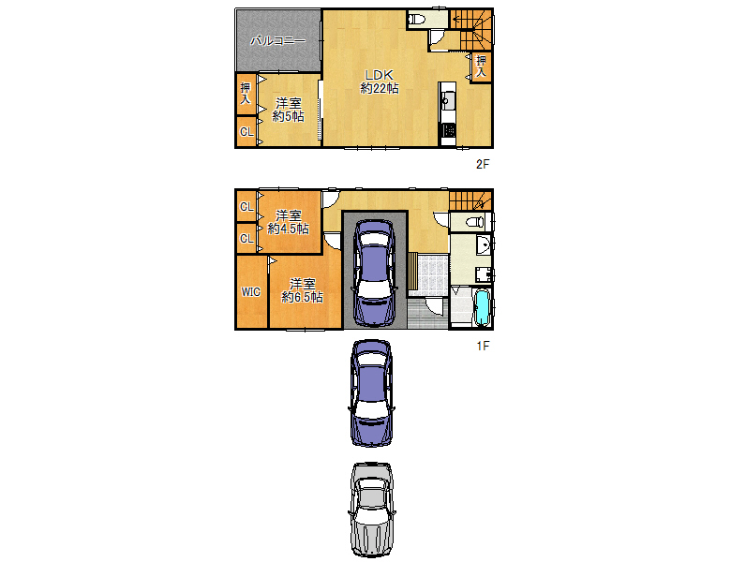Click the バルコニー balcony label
coord(278,41)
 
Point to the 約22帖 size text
coord(380,89)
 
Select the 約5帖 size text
coord(288,117)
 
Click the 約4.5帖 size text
coord(288,229)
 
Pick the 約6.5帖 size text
coord(302,297)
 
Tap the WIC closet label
coord(250,292)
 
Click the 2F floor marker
coord(483,164)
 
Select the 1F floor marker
coord(483,346)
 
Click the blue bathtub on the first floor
coord(483,308)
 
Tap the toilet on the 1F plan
coord(471,221)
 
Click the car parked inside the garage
coord(374,272)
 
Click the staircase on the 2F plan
coord(471,28)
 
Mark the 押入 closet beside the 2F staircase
coord(481,66)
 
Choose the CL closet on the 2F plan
coord(246,132)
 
